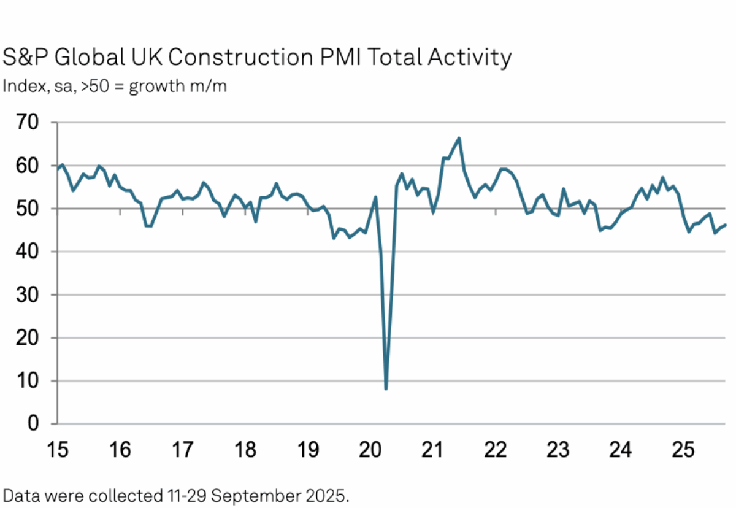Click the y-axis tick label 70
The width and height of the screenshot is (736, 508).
click(28, 123)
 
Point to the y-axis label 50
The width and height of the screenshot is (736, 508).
click(28, 209)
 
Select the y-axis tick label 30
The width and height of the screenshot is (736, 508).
click(28, 295)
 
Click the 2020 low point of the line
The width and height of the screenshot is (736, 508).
click(386, 389)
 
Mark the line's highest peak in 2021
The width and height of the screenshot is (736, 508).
click(459, 138)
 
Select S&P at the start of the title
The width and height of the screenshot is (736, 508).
click(25, 57)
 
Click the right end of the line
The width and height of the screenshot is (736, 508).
click(726, 225)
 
